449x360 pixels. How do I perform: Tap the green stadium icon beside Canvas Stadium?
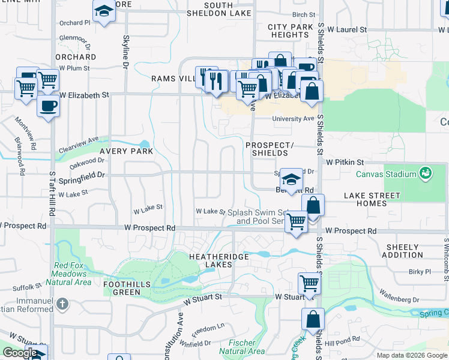coord(426,173)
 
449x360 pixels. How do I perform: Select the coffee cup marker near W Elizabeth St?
coord(48,106)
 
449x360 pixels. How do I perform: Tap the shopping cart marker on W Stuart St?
coord(309,283)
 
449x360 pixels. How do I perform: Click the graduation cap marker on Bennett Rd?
coord(291,179)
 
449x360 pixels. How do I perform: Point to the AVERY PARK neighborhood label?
coord(126,152)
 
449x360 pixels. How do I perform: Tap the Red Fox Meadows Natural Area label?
coord(73,274)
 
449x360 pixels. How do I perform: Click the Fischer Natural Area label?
coord(241,346)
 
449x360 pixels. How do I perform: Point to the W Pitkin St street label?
coord(345,162)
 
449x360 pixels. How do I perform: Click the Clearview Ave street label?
coord(79,143)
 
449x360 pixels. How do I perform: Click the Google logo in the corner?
coord(20,353)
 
